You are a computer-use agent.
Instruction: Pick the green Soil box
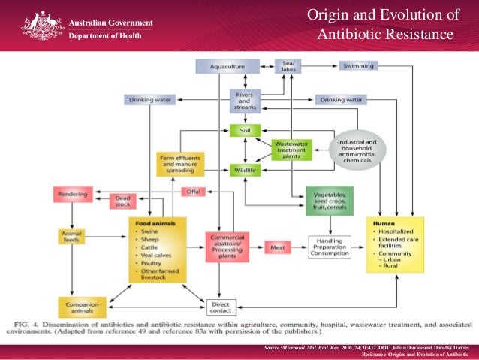click(245, 130)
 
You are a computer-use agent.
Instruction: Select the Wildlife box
click(245, 171)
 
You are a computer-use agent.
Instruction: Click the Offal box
click(194, 192)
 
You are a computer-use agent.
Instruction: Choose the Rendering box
click(72, 195)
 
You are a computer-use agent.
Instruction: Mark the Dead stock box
click(122, 201)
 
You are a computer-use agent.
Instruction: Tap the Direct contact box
click(221, 307)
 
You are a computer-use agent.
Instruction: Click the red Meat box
click(278, 247)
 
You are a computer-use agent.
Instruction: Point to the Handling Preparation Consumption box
click(330, 248)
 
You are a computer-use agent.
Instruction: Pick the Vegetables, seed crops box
click(330, 201)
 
